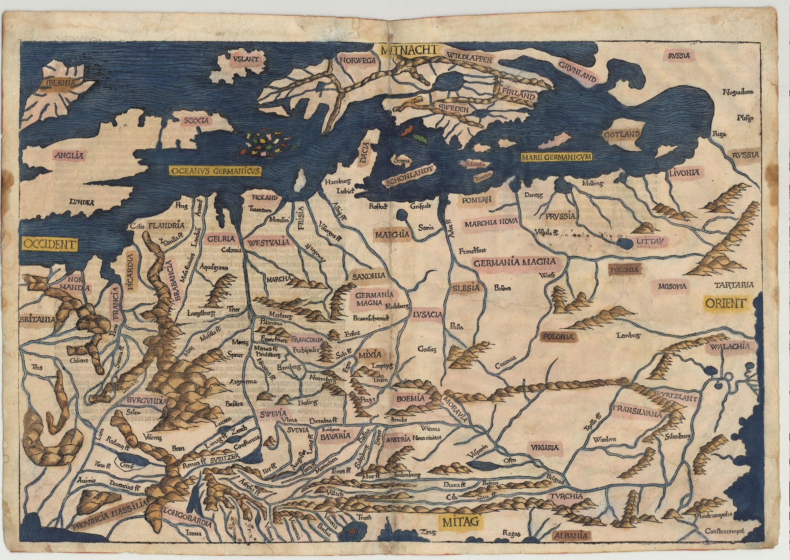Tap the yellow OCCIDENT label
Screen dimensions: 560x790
tap(49, 244)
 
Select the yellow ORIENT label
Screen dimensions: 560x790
tap(724, 303)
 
